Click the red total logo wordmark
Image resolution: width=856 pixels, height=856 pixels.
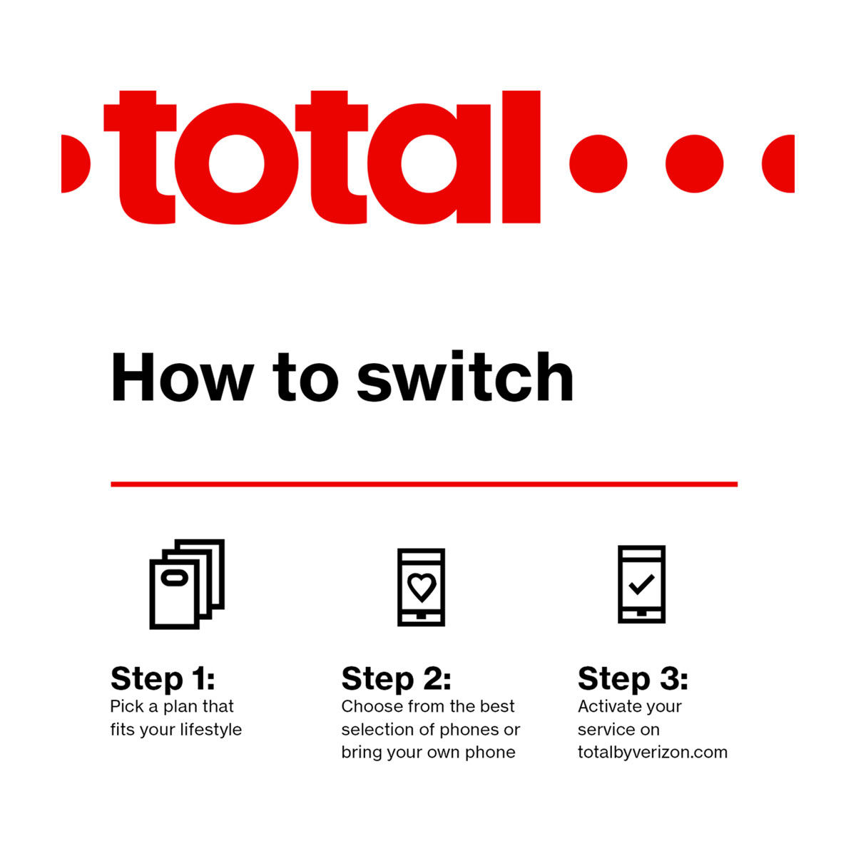[x=322, y=157]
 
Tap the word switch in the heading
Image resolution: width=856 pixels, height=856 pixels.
[x=465, y=376]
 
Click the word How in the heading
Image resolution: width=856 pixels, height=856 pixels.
[x=183, y=377]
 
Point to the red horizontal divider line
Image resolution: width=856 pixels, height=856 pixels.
[x=424, y=484]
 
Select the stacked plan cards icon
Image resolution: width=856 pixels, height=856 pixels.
[x=187, y=584]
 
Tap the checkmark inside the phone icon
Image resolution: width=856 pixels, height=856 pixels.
[x=641, y=584]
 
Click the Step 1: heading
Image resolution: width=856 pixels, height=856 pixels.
[x=163, y=678]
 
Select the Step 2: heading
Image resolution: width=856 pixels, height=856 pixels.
[x=396, y=678]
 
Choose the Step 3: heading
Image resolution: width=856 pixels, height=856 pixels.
[x=633, y=678]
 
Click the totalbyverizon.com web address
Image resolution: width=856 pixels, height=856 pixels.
[x=653, y=753]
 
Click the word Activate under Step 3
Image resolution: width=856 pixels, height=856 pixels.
[x=606, y=706]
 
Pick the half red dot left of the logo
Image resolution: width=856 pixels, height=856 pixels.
[x=76, y=163]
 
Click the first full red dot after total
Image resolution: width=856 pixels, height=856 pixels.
[x=598, y=163]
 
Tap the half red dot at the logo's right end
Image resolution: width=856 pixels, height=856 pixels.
[x=778, y=163]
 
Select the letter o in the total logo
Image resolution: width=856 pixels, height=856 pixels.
[x=236, y=163]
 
